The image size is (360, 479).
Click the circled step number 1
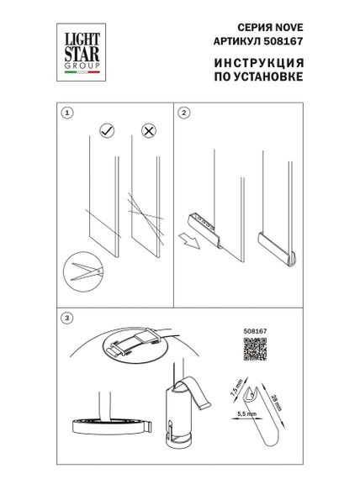pyautogui.click(x=68, y=111)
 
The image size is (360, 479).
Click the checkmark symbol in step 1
pyautogui.click(x=107, y=132)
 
